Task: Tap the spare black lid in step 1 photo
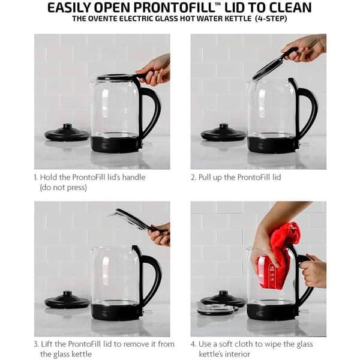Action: pos(67,133)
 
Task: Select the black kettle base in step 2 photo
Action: pos(269,145)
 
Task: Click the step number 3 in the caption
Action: pos(36,344)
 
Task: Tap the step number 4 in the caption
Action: pos(193,344)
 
